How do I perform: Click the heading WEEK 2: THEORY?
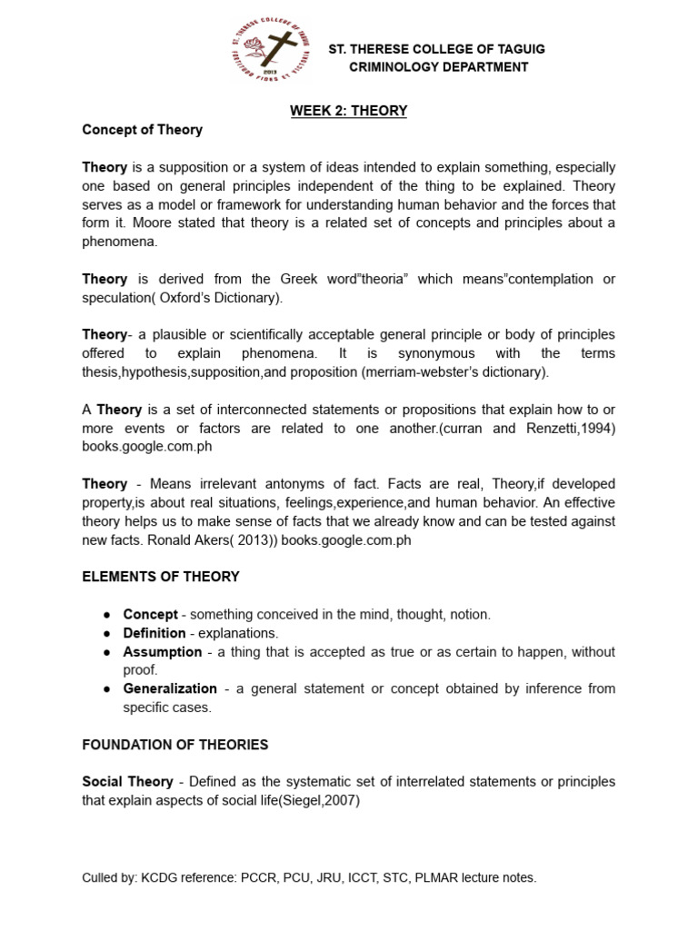348,111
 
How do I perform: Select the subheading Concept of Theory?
142,130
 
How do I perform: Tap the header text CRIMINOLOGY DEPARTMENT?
439,67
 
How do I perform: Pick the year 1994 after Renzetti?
597,428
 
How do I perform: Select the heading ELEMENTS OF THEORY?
161,577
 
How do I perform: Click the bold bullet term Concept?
150,614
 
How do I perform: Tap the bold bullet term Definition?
155,632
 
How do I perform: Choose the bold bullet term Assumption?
163,651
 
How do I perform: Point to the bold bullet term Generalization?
170,688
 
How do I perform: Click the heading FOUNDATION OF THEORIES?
174,745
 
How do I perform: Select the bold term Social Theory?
127,782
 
